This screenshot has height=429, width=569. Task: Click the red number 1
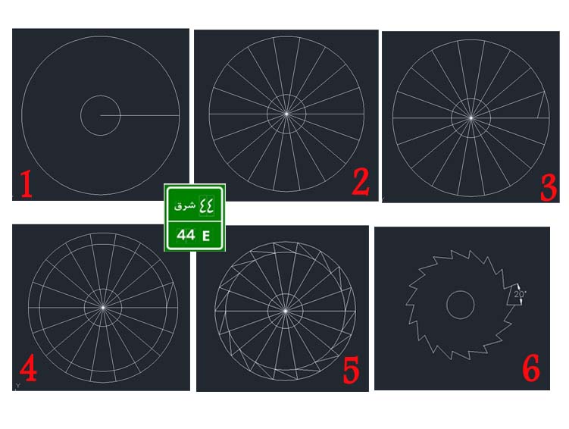tap(26, 184)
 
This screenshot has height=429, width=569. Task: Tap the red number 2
tap(361, 182)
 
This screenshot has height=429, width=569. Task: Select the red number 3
tap(549, 188)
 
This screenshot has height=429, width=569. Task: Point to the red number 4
tap(28, 368)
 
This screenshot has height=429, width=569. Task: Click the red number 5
tap(351, 370)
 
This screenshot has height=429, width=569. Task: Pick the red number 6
tap(531, 368)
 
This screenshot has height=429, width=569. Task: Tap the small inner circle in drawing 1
tap(80, 115)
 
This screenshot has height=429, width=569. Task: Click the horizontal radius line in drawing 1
tap(139, 116)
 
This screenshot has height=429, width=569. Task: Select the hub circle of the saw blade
tap(447, 305)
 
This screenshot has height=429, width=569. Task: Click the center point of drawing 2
tap(286, 114)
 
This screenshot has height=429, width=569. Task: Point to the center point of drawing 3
tap(471, 118)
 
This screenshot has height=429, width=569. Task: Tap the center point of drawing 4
tap(103, 308)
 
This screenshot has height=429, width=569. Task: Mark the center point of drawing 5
tap(285, 311)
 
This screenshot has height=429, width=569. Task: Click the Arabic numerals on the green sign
tap(206, 205)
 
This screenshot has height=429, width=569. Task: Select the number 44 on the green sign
tap(186, 235)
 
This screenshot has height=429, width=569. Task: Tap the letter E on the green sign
tap(206, 236)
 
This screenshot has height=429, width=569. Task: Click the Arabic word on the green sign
tap(185, 206)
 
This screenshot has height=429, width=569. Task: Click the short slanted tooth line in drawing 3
tap(541, 105)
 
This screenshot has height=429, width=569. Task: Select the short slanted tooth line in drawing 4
tap(170, 295)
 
